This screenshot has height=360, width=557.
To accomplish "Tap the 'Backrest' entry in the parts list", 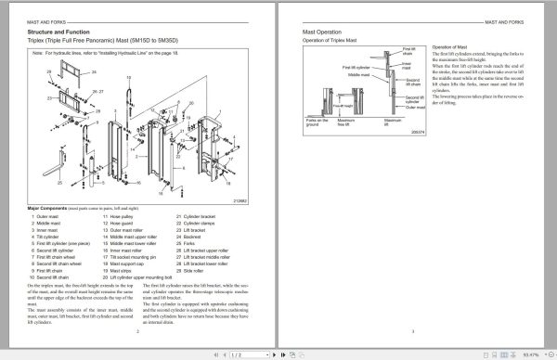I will point(189,237).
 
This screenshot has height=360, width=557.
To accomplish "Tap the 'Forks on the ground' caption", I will point(316,122).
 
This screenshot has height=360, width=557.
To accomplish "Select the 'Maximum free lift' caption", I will point(345,122).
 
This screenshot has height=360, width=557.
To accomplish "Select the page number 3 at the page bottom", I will point(412,329).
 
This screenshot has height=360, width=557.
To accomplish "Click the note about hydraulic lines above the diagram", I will point(111,54).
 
